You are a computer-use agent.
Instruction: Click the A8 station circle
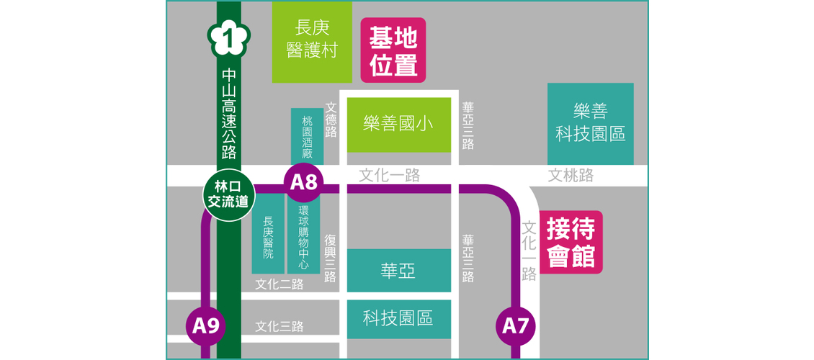pyautogui.click(x=303, y=183)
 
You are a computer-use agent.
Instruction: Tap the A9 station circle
pyautogui.click(x=206, y=325)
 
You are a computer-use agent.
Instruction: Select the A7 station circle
pyautogui.click(x=516, y=325)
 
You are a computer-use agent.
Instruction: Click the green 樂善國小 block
pyautogui.click(x=399, y=124)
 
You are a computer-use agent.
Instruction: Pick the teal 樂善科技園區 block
pyautogui.click(x=590, y=123)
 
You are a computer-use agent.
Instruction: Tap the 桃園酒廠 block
pyautogui.click(x=307, y=137)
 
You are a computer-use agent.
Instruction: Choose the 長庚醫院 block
pyautogui.click(x=268, y=238)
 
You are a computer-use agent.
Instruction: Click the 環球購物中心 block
pyautogui.click(x=303, y=235)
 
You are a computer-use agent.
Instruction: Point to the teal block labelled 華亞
pyautogui.click(x=398, y=271)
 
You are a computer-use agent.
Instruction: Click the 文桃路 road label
pyautogui.click(x=571, y=175)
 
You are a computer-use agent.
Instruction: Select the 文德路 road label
pyautogui.click(x=331, y=119)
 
